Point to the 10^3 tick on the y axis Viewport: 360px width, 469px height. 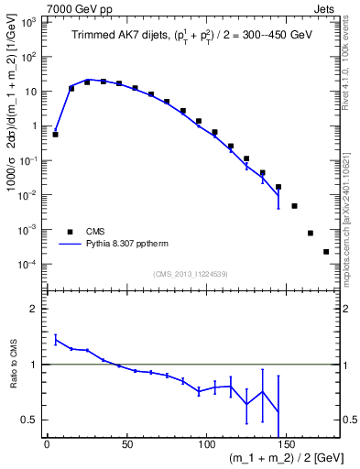point(30,22)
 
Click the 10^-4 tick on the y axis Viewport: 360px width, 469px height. point(30,264)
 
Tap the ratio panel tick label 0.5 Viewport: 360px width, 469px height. point(32,420)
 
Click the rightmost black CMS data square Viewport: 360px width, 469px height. point(326,252)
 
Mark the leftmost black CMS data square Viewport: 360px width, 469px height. point(55,135)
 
